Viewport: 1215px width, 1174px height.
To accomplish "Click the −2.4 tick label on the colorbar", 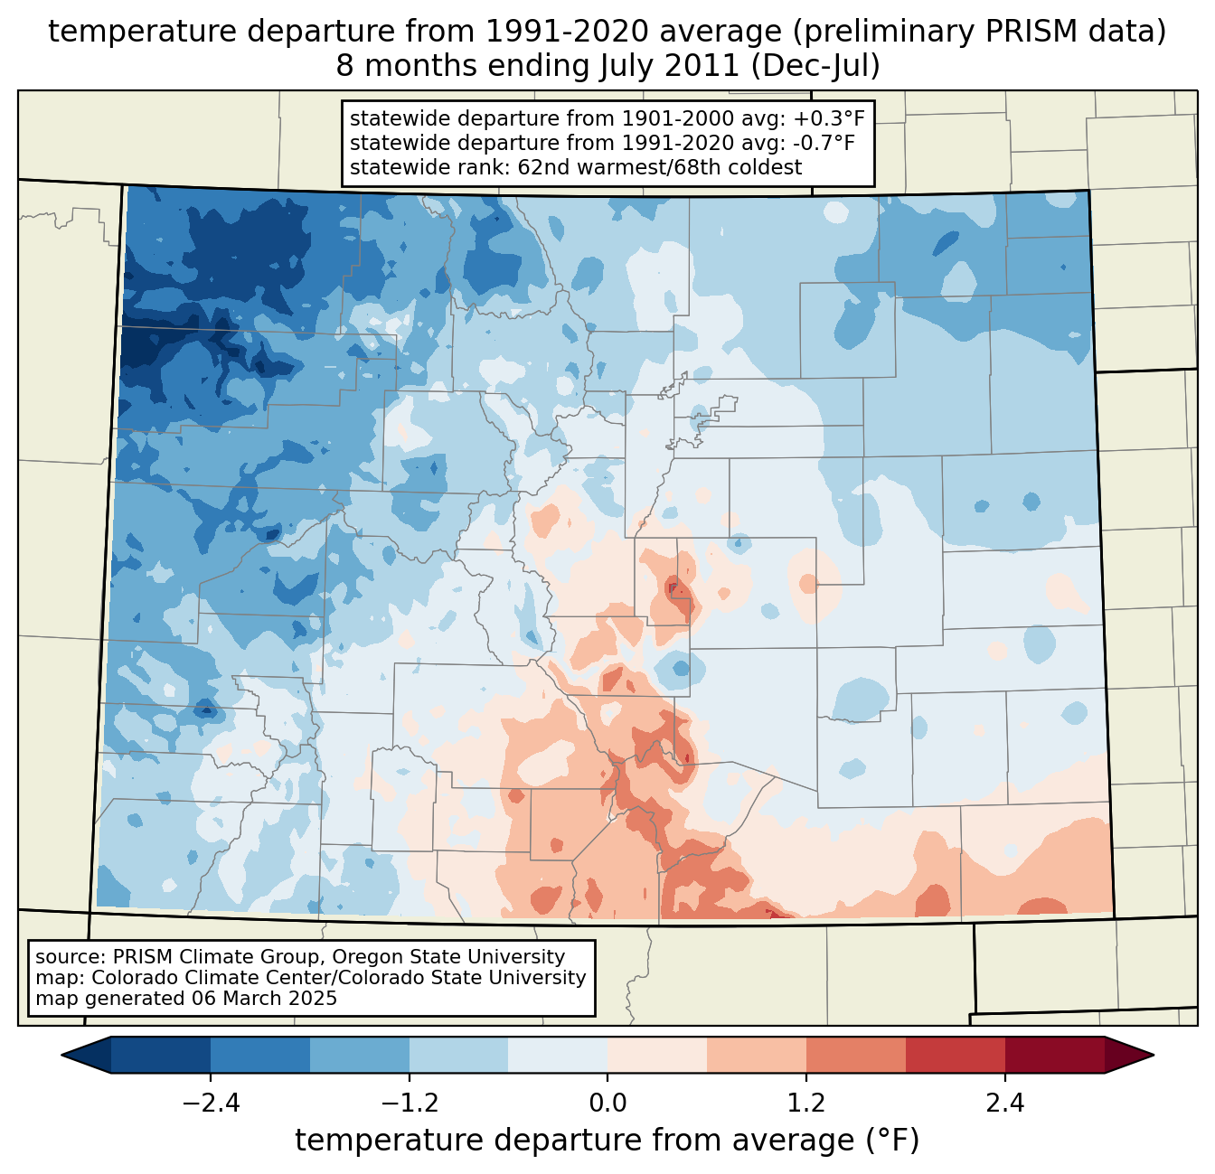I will pos(210,1104).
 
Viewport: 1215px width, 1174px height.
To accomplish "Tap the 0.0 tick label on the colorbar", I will pos(607,1104).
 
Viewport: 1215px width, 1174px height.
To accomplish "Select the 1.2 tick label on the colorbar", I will pos(806,1104).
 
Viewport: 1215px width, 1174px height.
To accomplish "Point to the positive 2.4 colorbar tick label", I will pos(1004,1104).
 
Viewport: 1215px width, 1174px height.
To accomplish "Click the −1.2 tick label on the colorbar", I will pos(409,1104).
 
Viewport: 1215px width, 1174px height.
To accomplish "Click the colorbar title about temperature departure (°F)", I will pos(607,1141).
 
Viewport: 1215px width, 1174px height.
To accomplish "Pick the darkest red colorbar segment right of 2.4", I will pos(1054,1055).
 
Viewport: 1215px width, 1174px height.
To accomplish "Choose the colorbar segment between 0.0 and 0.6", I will pos(657,1055).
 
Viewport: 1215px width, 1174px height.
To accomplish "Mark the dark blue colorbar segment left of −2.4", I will pos(161,1055).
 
